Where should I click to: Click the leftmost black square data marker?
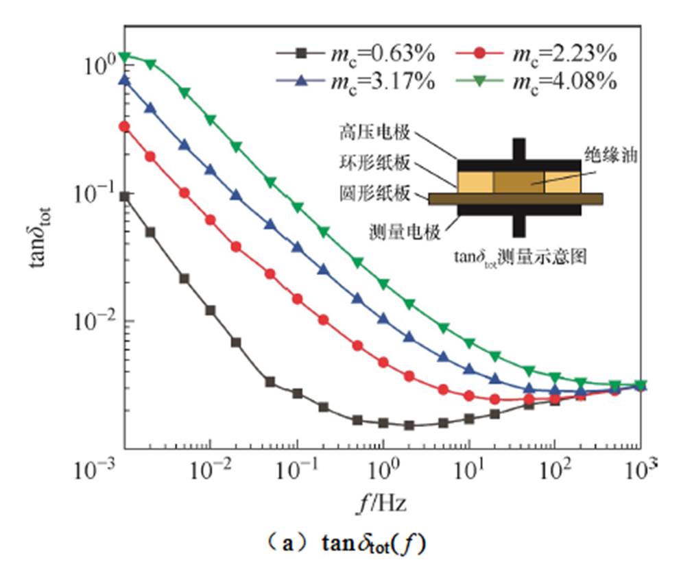click(125, 196)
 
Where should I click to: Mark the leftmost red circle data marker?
click(125, 126)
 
